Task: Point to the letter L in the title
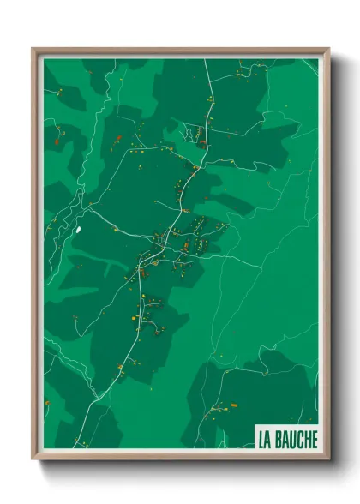click(x=260, y=440)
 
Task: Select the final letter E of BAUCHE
click(x=313, y=440)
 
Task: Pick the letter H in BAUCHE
click(x=305, y=440)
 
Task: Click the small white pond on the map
click(x=78, y=229)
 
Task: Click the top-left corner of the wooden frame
click(x=33, y=50)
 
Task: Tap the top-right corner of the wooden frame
click(x=327, y=50)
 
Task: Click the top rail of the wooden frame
click(x=180, y=51)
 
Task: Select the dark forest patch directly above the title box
click(x=274, y=394)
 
